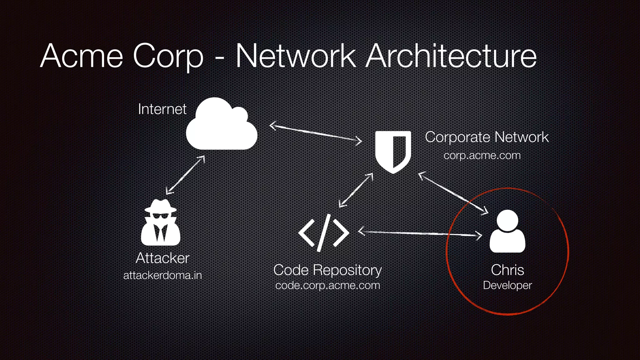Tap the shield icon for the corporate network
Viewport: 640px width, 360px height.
[x=393, y=152]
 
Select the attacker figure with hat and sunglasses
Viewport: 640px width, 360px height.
[x=160, y=222]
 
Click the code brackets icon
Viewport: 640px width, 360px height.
[x=323, y=233]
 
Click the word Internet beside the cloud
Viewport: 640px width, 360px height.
[x=162, y=109]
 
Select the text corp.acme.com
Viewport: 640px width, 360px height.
[x=482, y=155]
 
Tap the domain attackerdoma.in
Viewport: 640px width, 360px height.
[x=162, y=275]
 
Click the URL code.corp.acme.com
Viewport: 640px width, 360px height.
[x=327, y=285]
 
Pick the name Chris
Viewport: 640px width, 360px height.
[x=507, y=270]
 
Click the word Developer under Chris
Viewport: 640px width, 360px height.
[x=507, y=285]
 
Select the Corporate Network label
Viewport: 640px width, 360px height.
[x=487, y=137]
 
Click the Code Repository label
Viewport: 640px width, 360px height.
[x=327, y=270]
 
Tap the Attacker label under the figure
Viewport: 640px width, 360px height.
[x=162, y=258]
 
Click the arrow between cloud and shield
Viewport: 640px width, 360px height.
[x=316, y=133]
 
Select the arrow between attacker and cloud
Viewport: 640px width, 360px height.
[x=185, y=175]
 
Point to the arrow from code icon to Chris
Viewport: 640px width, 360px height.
[x=420, y=233]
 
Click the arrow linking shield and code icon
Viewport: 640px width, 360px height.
[x=356, y=190]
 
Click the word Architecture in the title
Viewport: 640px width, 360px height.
[x=451, y=56]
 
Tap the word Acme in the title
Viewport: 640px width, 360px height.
[x=82, y=56]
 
